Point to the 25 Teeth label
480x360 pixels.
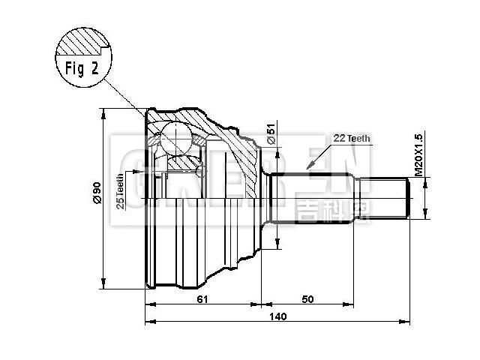click(121, 193)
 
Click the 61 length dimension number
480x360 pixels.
click(202, 298)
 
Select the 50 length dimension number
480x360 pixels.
click(307, 298)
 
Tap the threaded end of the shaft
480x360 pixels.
click(386, 199)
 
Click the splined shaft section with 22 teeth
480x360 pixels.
click(315, 199)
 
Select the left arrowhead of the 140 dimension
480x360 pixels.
click(147, 322)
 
